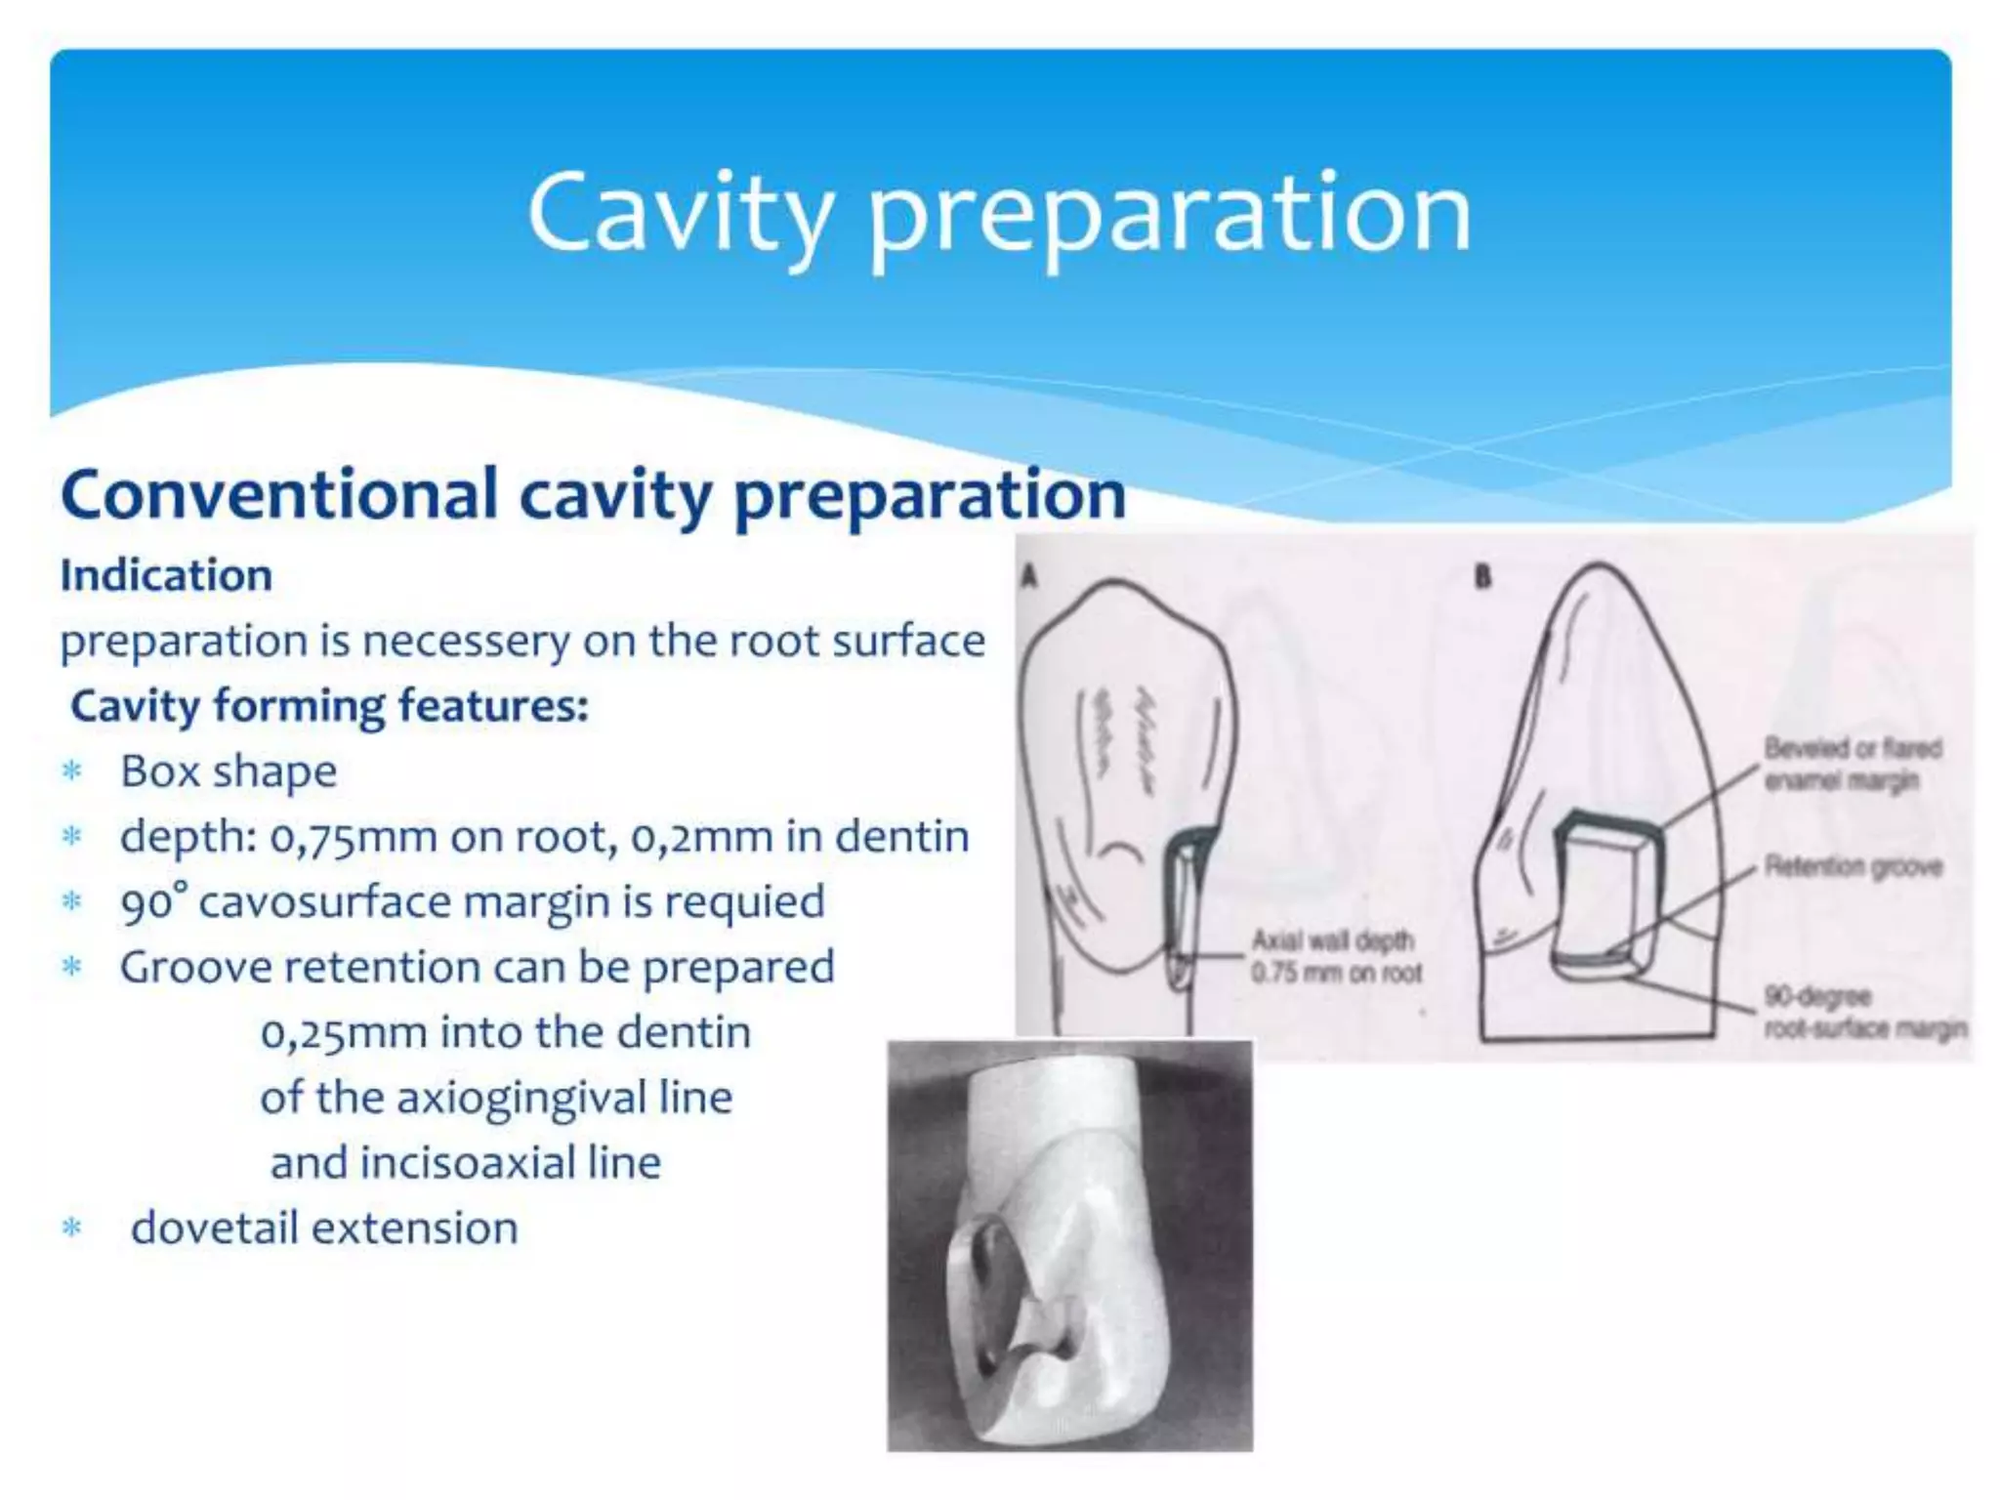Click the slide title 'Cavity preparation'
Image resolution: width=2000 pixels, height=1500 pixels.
[x=998, y=213]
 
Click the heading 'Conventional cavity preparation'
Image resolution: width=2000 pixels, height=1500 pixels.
[x=593, y=494]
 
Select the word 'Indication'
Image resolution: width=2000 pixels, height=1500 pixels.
[x=166, y=575]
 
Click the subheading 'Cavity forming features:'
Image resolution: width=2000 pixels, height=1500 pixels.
[x=329, y=706]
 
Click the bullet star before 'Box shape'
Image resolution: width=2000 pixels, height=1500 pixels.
[x=71, y=772]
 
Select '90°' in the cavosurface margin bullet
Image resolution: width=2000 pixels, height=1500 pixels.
[x=153, y=902]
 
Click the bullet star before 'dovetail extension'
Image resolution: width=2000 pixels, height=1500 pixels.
[x=71, y=1229]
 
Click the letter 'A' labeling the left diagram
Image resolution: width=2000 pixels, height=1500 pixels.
[x=1027, y=578]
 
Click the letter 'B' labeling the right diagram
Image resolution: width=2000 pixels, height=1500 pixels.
[x=1482, y=578]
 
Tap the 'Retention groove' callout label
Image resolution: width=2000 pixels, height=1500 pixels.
[x=1852, y=866]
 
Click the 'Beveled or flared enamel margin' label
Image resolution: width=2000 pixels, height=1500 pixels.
[x=1852, y=765]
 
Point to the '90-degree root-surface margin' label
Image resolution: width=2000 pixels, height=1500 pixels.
[x=1863, y=1012]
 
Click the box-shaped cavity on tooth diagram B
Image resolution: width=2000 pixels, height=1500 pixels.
[x=1602, y=894]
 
